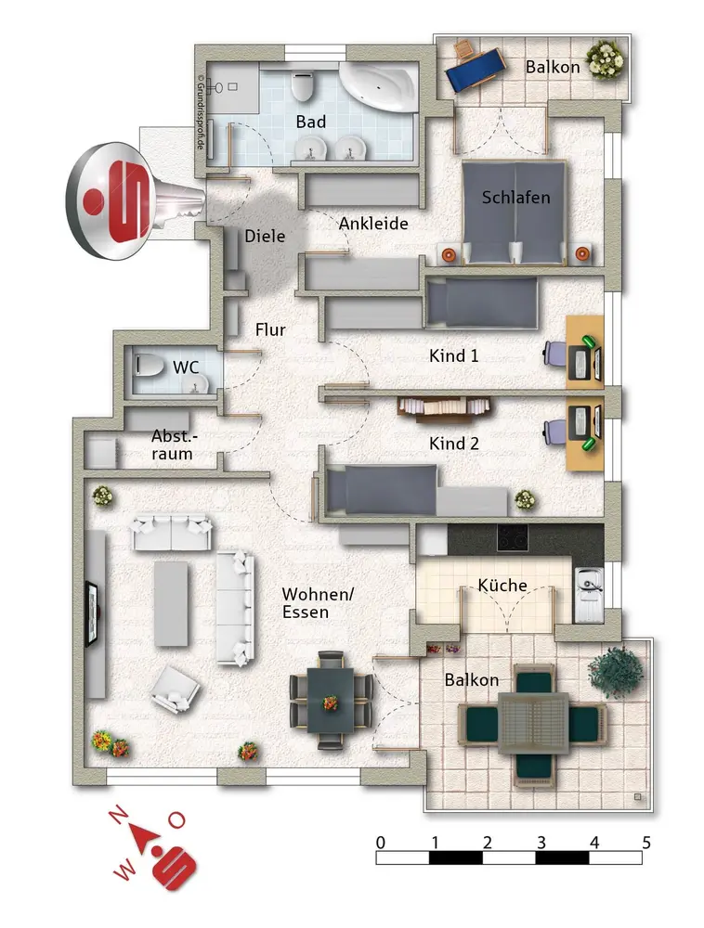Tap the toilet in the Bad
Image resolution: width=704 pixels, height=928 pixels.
point(302,86)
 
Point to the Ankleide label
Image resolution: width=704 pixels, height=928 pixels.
point(373,224)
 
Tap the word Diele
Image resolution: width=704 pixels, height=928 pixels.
point(265,236)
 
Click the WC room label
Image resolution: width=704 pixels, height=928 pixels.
point(186,367)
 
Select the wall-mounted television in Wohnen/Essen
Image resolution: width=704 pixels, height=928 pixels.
point(92,612)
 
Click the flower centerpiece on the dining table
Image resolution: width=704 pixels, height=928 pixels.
point(331,702)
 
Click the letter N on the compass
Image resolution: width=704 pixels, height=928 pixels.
point(118,816)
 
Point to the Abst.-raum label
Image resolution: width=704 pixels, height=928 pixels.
point(173,445)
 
